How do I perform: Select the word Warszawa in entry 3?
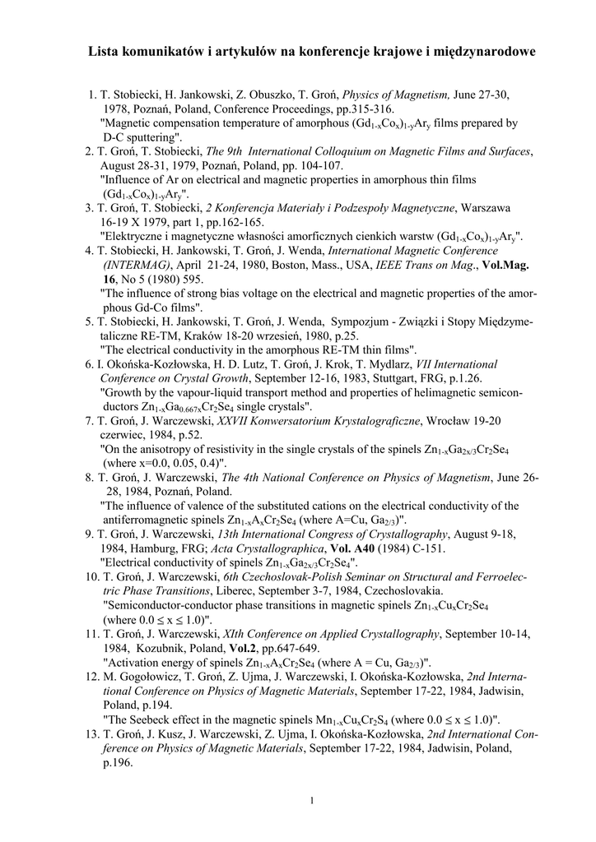coord(486,208)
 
